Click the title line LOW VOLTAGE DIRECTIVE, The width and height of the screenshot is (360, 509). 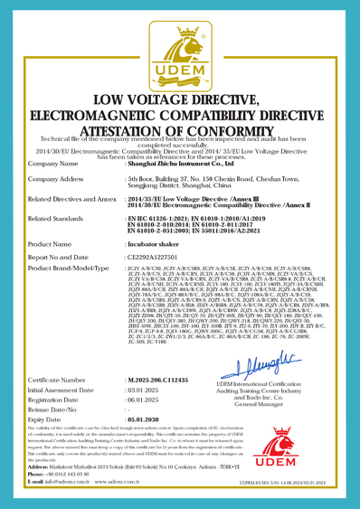[x=180, y=124]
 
